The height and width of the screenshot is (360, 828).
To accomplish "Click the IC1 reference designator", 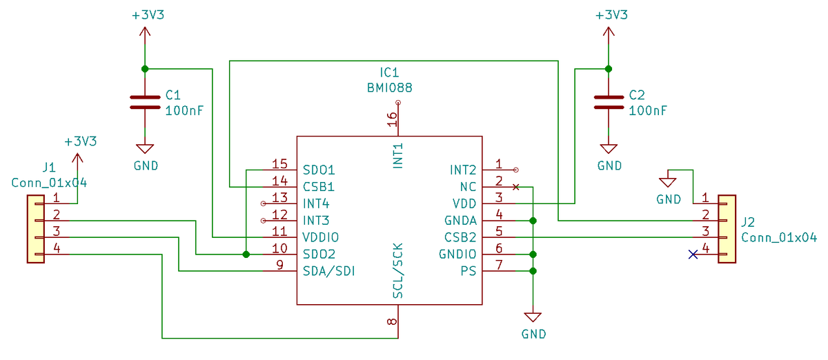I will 389,72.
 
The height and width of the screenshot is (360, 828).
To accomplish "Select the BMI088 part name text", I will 389,88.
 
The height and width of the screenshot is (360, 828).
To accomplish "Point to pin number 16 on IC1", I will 392,119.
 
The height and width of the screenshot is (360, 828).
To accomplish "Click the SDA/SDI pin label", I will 329,271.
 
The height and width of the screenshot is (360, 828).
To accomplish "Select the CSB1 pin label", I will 319,186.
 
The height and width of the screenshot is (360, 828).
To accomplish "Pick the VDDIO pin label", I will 321,237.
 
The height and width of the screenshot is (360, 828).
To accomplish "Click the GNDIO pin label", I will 457,254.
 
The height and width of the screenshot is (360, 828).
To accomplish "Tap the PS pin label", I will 469,271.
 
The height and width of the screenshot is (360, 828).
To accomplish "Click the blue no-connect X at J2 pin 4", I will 693,254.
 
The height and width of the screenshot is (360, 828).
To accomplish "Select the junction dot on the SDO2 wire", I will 246,254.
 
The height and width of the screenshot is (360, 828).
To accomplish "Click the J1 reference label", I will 48,167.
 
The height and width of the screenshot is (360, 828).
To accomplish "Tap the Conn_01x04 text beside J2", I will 778,237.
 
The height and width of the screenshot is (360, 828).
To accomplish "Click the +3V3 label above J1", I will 80,141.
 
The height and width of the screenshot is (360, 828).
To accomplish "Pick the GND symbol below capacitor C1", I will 145,149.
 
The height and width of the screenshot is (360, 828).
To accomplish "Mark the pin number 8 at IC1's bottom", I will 392,321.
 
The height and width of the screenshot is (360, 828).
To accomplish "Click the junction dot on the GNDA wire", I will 533,221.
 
